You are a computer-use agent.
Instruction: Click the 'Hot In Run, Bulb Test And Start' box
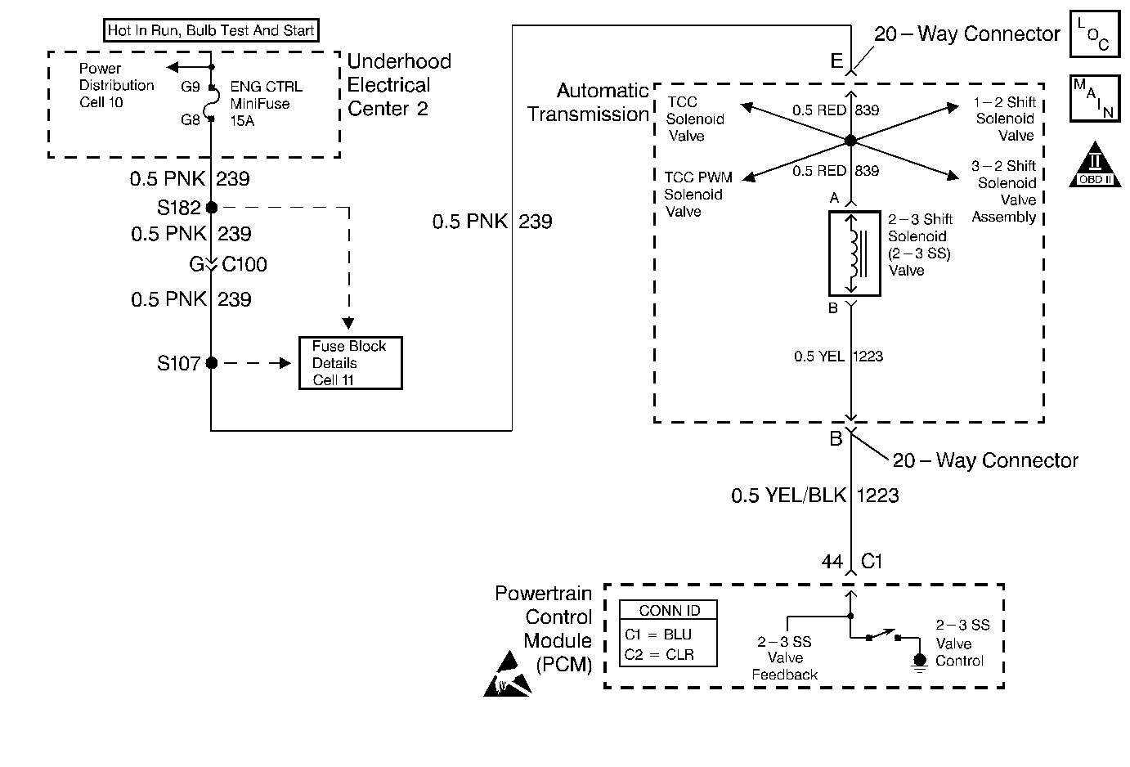click(211, 31)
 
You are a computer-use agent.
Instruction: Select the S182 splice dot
click(212, 208)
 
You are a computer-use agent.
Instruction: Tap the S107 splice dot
click(212, 363)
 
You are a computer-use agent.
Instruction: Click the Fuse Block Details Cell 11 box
click(350, 363)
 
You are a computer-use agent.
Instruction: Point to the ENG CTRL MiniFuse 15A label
click(265, 104)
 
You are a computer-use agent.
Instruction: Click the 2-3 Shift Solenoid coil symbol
click(854, 253)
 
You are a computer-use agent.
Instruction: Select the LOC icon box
click(1094, 34)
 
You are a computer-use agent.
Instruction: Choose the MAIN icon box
click(1094, 98)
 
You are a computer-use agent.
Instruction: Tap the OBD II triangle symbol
click(1094, 165)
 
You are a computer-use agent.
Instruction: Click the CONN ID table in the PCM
click(668, 634)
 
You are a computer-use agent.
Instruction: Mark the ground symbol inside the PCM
click(919, 662)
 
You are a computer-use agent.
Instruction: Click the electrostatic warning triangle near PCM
click(507, 675)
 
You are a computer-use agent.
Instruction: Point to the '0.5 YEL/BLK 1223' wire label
click(814, 496)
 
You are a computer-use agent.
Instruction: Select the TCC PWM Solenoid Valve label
click(697, 195)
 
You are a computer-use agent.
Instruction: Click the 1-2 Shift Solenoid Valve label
click(1005, 119)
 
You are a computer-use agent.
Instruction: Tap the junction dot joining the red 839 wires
click(850, 141)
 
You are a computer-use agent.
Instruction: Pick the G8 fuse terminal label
click(190, 120)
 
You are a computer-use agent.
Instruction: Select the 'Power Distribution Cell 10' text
click(116, 85)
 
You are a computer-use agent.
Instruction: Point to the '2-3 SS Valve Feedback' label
click(785, 658)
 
